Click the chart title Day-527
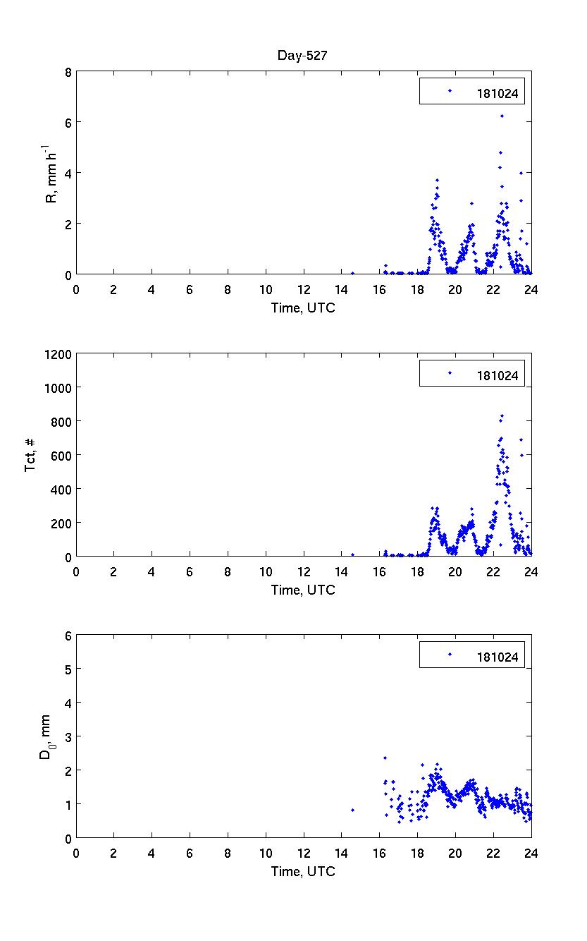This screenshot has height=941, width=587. point(303,56)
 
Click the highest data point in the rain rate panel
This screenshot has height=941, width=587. point(502,116)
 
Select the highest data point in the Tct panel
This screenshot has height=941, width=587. point(502,415)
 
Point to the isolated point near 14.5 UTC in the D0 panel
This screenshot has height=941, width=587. point(352,810)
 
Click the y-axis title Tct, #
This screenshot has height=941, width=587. point(32,455)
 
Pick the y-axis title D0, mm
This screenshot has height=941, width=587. point(44,736)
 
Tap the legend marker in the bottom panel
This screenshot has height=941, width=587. point(450,655)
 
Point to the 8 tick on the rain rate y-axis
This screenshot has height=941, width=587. point(68,71)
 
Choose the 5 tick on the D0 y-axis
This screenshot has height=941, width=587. point(68,669)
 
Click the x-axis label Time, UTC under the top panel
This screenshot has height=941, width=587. point(303,308)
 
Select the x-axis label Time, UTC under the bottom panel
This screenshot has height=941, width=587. point(303,871)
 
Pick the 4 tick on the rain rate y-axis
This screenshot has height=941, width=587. point(68,173)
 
